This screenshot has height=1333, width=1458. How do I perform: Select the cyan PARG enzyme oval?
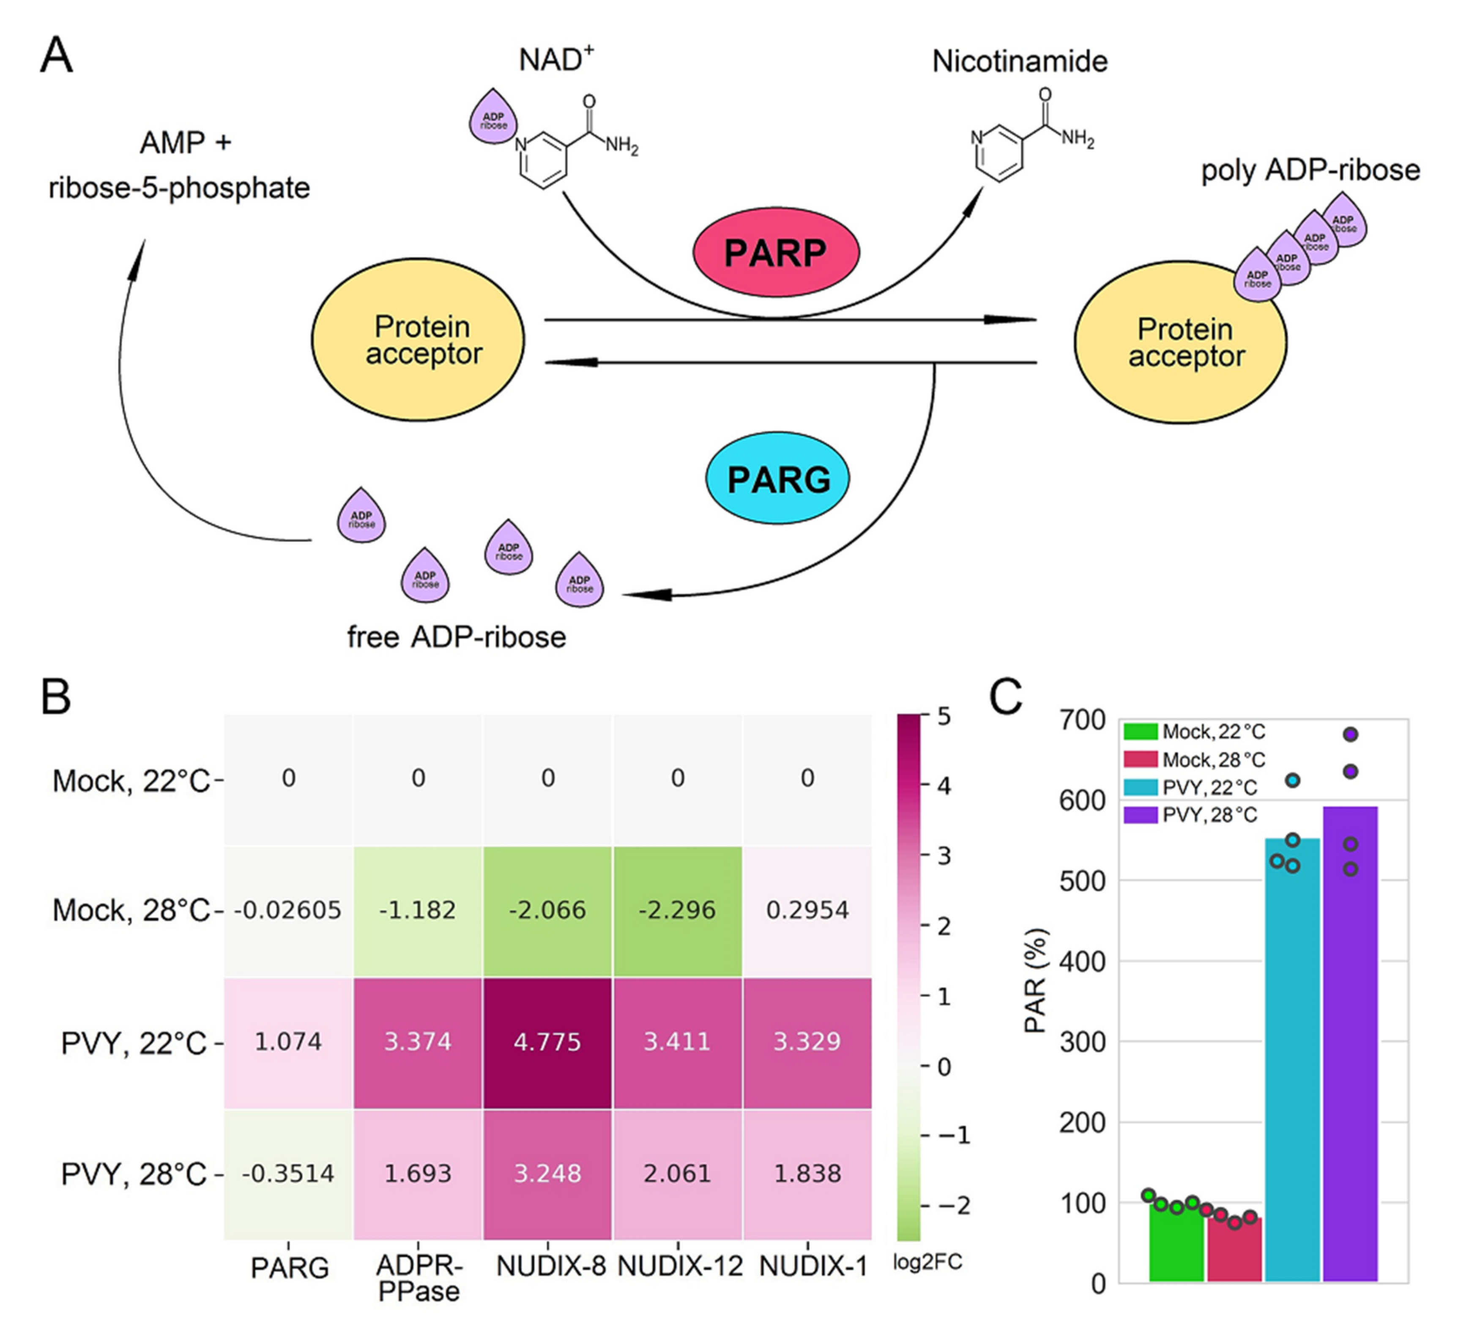[x=777, y=479]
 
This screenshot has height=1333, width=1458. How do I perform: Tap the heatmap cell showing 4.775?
[x=547, y=1042]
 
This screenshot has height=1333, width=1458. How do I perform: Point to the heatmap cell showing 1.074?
[x=288, y=1042]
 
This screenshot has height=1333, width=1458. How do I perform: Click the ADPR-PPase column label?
[x=419, y=1277]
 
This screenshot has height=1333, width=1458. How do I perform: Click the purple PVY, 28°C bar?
[x=1349, y=1049]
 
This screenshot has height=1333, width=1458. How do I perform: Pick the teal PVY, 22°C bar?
[x=1292, y=1064]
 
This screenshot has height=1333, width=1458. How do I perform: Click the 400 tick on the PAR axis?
[x=1083, y=962]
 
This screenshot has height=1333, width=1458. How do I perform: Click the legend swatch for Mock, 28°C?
[x=1140, y=759]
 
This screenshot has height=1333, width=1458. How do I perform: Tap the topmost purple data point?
[x=1349, y=734]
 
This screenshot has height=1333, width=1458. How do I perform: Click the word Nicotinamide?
[x=1019, y=61]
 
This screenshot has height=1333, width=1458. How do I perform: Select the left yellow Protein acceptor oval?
[x=418, y=340]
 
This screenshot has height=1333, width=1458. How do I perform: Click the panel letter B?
[x=56, y=697]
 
